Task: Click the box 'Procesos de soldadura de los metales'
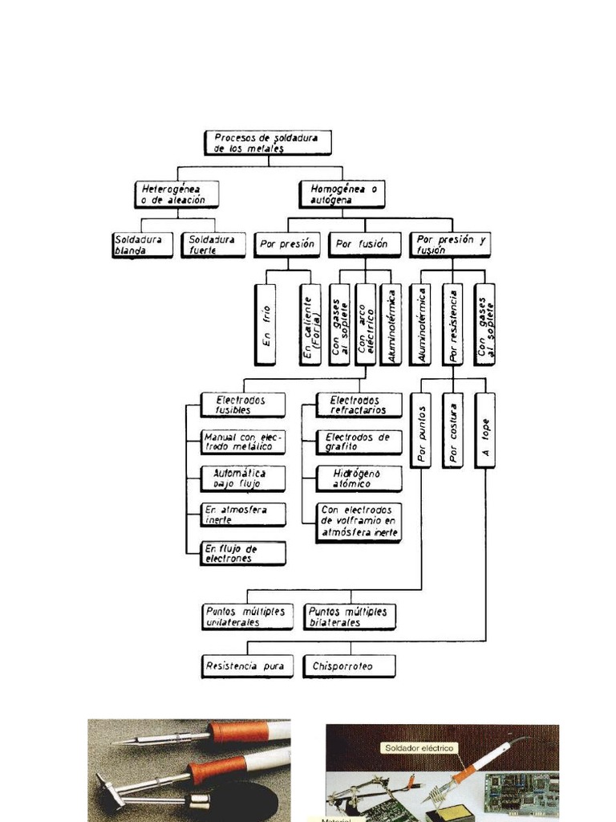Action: pos(267,143)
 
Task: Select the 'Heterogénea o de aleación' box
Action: pos(175,194)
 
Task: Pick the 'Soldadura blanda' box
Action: pos(142,245)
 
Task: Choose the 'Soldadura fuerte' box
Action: pos(213,245)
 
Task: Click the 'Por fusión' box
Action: pos(363,244)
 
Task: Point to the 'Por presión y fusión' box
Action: pos(450,244)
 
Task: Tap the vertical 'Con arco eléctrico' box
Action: pos(365,324)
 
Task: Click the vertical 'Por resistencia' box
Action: pos(452,324)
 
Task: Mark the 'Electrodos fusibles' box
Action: pos(242,405)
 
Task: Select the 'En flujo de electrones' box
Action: pos(242,553)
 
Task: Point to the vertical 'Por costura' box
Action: pos(452,429)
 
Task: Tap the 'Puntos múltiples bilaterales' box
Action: pos(350,616)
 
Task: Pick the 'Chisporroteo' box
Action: pos(348,666)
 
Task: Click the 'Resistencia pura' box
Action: pos(247,666)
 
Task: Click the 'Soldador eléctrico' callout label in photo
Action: pos(419,748)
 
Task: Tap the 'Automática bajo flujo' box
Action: pos(242,478)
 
